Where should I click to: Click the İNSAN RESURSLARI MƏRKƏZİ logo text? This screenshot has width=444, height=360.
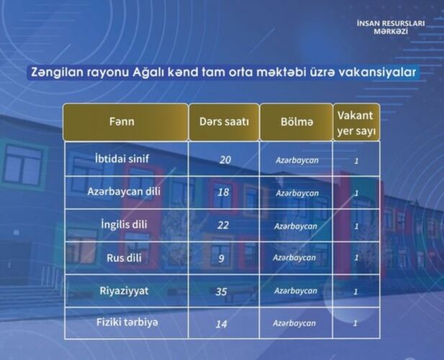[391, 27]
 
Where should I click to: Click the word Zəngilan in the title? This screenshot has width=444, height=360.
[57, 72]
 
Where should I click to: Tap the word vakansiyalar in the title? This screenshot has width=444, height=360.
[377, 72]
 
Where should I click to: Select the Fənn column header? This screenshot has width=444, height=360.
[122, 122]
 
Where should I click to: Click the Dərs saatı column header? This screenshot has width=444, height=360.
[224, 122]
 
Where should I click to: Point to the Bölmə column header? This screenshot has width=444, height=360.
[296, 122]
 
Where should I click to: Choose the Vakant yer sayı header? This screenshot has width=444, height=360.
[356, 123]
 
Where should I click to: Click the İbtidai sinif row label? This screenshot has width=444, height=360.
[122, 158]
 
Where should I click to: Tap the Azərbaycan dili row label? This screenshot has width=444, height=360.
[124, 192]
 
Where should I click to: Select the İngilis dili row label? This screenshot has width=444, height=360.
[124, 225]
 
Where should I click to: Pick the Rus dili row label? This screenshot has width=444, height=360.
[124, 258]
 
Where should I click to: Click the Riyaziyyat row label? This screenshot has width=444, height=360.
[124, 291]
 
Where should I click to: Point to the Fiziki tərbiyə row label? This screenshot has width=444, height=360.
[127, 323]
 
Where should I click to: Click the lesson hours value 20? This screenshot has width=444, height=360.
[225, 160]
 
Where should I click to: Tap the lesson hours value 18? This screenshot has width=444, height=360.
[223, 193]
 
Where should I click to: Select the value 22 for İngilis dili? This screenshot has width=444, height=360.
[223, 225]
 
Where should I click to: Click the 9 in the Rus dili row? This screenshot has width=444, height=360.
[222, 258]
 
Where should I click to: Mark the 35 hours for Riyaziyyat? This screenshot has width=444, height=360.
[221, 292]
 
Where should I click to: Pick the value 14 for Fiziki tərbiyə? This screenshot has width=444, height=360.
[221, 324]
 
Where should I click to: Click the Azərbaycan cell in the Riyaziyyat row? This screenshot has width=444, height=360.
[296, 291]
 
